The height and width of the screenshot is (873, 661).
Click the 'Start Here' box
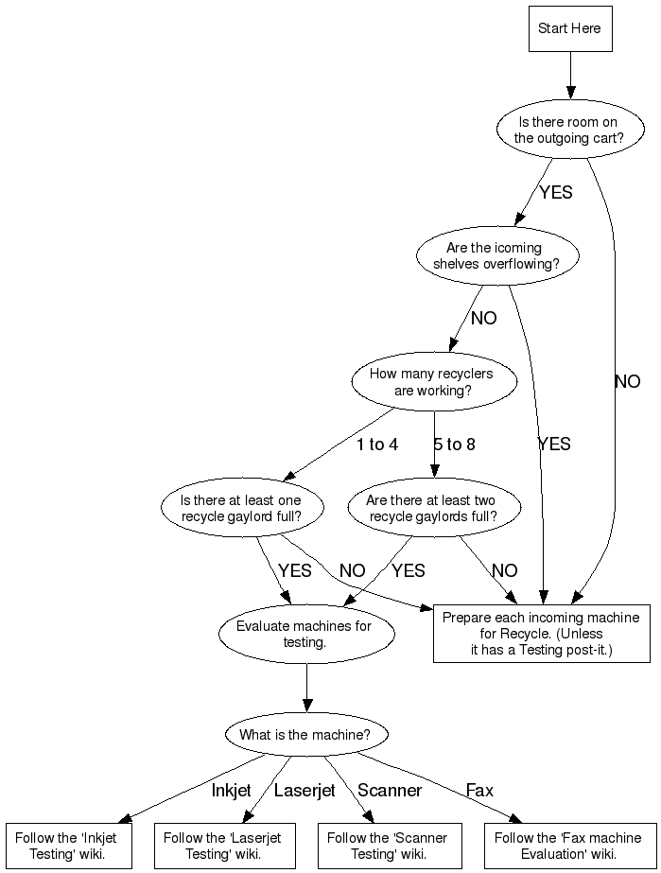coord(570,29)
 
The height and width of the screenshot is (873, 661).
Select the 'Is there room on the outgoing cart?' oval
coord(570,130)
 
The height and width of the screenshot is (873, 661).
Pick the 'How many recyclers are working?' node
coord(434,381)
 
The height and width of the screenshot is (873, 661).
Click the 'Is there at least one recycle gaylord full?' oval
coord(242,508)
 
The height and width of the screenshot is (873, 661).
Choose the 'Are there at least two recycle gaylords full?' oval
coord(434,508)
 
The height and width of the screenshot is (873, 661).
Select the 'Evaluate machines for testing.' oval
coord(306,634)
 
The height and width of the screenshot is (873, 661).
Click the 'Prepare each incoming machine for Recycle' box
coord(541,634)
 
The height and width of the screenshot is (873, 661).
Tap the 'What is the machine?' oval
coord(306,734)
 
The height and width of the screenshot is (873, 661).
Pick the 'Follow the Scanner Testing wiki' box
coord(390,846)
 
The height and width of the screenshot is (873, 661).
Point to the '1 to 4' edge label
coord(377,445)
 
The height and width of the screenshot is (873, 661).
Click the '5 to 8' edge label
coord(455,445)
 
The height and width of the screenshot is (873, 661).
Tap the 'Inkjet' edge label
coord(231,790)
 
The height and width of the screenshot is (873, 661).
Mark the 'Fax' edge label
coord(479,790)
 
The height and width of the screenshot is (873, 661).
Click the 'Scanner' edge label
coord(390,790)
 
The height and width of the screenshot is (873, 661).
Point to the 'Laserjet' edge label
coord(304,790)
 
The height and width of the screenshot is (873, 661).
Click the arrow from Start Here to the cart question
coord(570,76)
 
